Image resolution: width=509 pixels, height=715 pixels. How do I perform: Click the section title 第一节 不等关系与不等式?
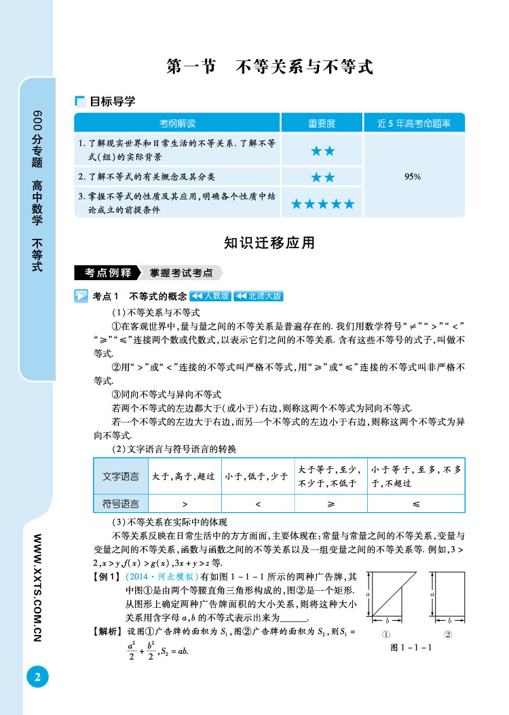pyautogui.click(x=270, y=66)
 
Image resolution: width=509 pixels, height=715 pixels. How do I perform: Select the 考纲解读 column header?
pyautogui.click(x=177, y=123)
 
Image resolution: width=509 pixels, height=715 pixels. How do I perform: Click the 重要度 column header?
pyautogui.click(x=322, y=123)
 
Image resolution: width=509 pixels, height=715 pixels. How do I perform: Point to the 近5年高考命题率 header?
pyautogui.click(x=413, y=123)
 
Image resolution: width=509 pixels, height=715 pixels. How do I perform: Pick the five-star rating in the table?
pyautogui.click(x=322, y=204)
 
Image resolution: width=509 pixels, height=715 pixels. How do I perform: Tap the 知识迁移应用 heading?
pyautogui.click(x=269, y=242)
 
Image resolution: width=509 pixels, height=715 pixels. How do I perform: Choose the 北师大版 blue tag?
pyautogui.click(x=258, y=296)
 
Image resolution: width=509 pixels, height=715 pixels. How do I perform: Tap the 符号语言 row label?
pyautogui.click(x=120, y=504)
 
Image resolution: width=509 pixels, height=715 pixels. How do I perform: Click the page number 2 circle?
pyautogui.click(x=38, y=676)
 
